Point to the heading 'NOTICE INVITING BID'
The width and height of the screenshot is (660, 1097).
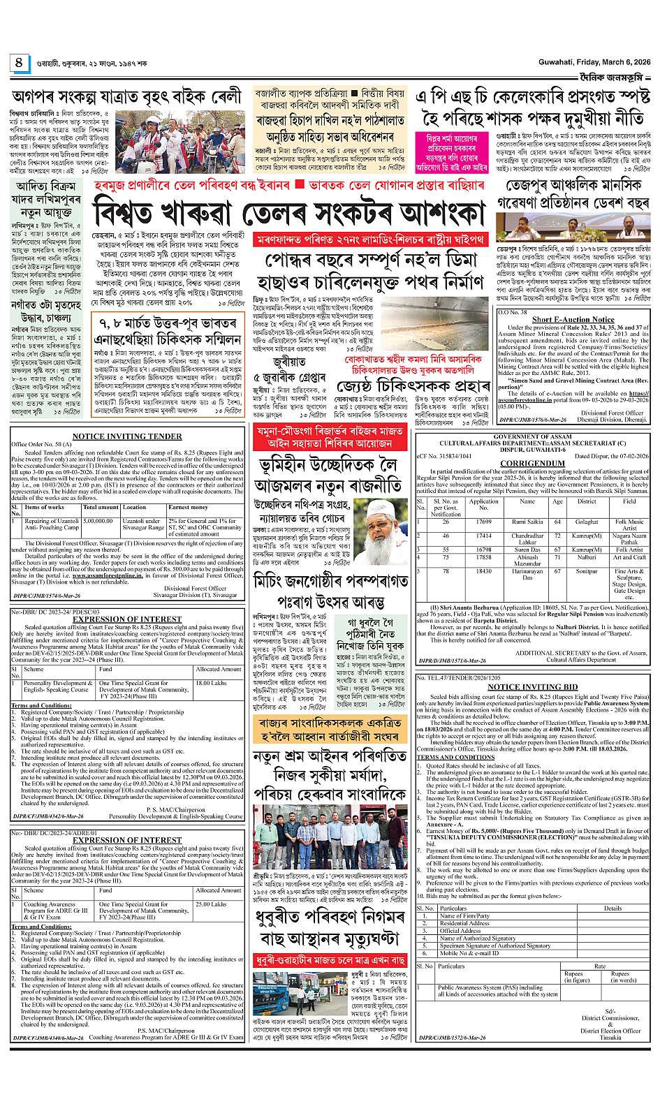532,687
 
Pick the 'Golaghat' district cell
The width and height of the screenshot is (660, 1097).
587,522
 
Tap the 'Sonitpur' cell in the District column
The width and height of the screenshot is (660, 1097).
587,571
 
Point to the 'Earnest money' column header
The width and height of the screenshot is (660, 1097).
188,508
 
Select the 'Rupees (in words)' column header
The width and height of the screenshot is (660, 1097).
619,976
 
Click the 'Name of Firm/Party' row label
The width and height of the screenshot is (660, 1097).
464,915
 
